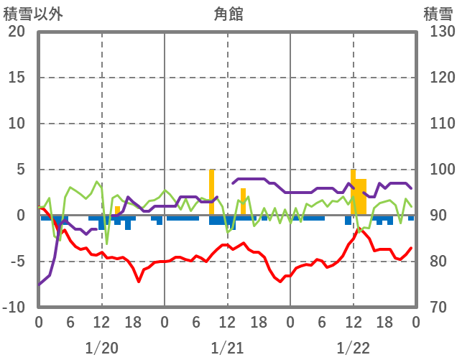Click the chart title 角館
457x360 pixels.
pos(228,14)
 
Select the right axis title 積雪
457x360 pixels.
pos(438,14)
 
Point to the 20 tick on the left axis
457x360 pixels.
pos(17,32)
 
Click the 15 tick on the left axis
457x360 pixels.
pos(17,78)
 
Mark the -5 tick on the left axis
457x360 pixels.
pos(17,262)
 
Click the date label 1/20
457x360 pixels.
pos(101,348)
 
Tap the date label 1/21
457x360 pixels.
pos(227,348)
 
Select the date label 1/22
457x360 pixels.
pos(353,348)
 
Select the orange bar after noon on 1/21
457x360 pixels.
pos(244,202)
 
